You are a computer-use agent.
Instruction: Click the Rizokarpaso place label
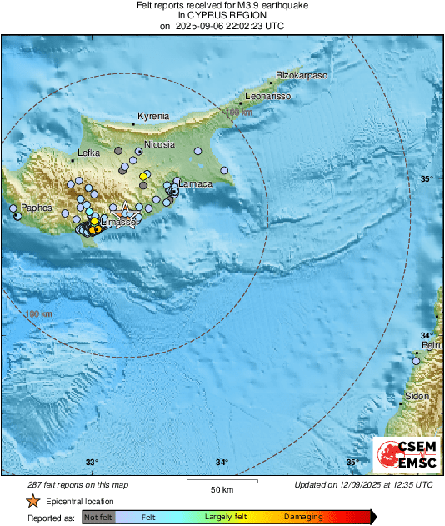(x=302, y=75)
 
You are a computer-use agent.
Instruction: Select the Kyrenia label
(x=152, y=116)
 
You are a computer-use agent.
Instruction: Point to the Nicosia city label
(x=160, y=144)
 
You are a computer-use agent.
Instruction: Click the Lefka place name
(x=88, y=153)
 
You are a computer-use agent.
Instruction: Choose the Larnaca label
(x=196, y=183)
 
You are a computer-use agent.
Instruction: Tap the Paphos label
(x=37, y=207)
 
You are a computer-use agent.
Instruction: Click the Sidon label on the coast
(x=417, y=396)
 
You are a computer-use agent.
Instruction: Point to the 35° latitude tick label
(x=427, y=179)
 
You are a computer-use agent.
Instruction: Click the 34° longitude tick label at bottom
(x=222, y=463)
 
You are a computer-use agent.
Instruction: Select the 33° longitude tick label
(x=92, y=463)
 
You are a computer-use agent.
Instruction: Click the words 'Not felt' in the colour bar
(x=97, y=517)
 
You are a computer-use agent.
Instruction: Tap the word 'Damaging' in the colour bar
(x=303, y=517)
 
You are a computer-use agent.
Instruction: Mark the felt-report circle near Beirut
(x=417, y=361)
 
